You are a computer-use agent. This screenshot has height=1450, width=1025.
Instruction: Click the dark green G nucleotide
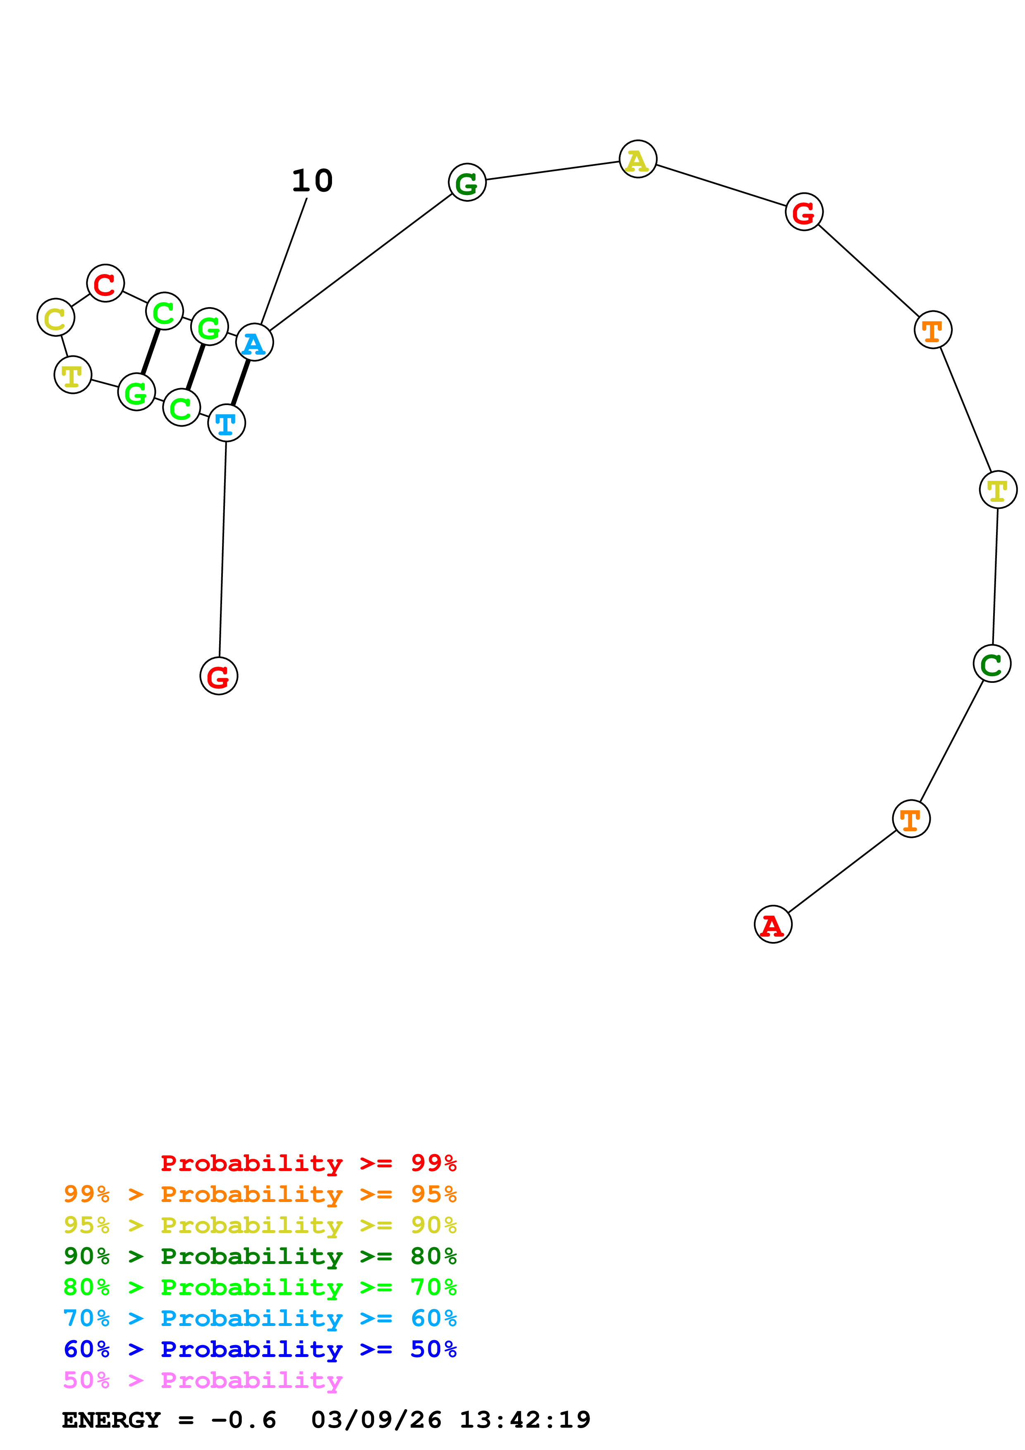click(467, 183)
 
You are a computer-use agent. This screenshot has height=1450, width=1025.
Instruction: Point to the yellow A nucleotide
click(638, 159)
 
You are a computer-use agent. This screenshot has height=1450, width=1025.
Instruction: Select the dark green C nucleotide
click(992, 664)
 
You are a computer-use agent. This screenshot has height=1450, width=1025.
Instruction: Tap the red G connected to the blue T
click(218, 676)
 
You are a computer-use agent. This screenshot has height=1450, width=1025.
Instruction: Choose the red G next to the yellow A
click(803, 212)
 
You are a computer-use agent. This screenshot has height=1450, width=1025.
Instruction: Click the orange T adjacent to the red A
click(911, 819)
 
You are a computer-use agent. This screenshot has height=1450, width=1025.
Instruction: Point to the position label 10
click(312, 181)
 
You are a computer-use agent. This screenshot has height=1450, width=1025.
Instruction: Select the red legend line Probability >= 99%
click(308, 1163)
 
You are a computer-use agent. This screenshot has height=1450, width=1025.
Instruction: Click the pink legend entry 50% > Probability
click(203, 1381)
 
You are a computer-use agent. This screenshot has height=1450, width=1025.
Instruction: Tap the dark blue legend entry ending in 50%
click(260, 1350)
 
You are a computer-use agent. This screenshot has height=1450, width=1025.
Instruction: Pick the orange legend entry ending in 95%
click(260, 1194)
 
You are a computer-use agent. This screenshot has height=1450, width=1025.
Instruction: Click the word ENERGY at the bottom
click(111, 1420)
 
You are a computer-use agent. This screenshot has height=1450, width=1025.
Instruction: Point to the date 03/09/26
click(376, 1420)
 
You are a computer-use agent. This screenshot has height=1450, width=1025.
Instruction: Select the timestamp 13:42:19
click(524, 1420)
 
